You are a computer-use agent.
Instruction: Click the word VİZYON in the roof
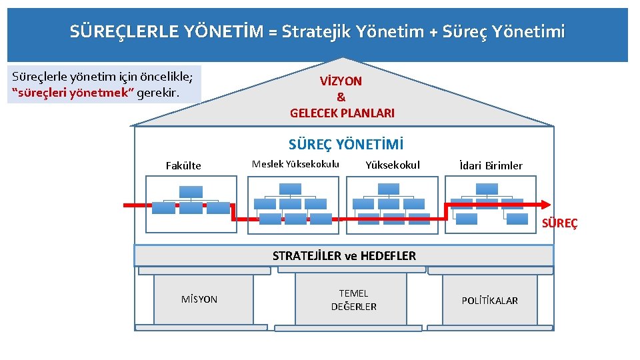tap(341, 81)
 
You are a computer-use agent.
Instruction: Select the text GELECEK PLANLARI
tap(342, 113)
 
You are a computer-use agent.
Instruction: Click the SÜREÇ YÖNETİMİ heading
tap(346, 144)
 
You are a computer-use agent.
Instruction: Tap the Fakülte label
tap(183, 166)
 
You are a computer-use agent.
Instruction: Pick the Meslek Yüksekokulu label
tap(295, 164)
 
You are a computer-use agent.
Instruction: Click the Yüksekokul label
tap(393, 165)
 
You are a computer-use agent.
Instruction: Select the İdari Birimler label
tap(491, 166)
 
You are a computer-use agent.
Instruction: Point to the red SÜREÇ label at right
tap(559, 223)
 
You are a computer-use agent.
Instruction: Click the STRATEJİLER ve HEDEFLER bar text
tap(344, 255)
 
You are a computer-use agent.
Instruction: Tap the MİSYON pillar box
tap(199, 299)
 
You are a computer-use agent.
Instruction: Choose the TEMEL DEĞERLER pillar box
tap(353, 300)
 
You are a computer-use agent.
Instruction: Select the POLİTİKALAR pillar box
tap(490, 301)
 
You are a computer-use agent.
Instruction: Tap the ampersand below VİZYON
tap(341, 97)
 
